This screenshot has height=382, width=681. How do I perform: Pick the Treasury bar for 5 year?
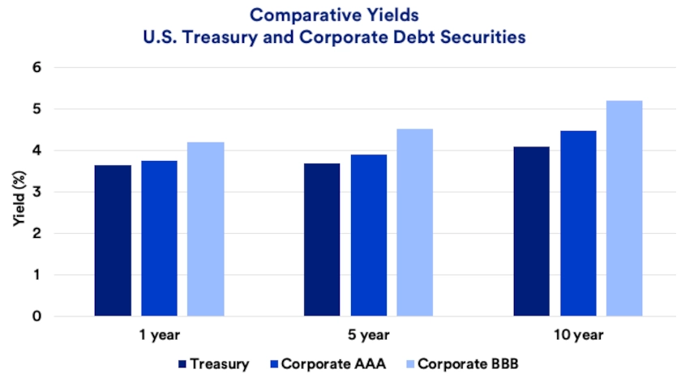click(x=322, y=240)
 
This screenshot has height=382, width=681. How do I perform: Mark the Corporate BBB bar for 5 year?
click(x=415, y=223)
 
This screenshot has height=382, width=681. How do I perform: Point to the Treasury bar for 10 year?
click(x=532, y=231)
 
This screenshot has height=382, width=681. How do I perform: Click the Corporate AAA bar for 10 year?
click(x=578, y=223)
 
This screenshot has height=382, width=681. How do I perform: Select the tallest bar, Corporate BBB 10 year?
click(x=624, y=208)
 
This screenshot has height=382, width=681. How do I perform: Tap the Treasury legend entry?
click(x=214, y=364)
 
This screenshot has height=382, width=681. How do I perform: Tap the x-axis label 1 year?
click(x=159, y=334)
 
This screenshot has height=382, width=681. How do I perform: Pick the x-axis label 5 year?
click(x=369, y=334)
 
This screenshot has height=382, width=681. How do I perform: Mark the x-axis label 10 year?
click(x=577, y=334)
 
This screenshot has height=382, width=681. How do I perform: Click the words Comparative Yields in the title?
click(x=340, y=15)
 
